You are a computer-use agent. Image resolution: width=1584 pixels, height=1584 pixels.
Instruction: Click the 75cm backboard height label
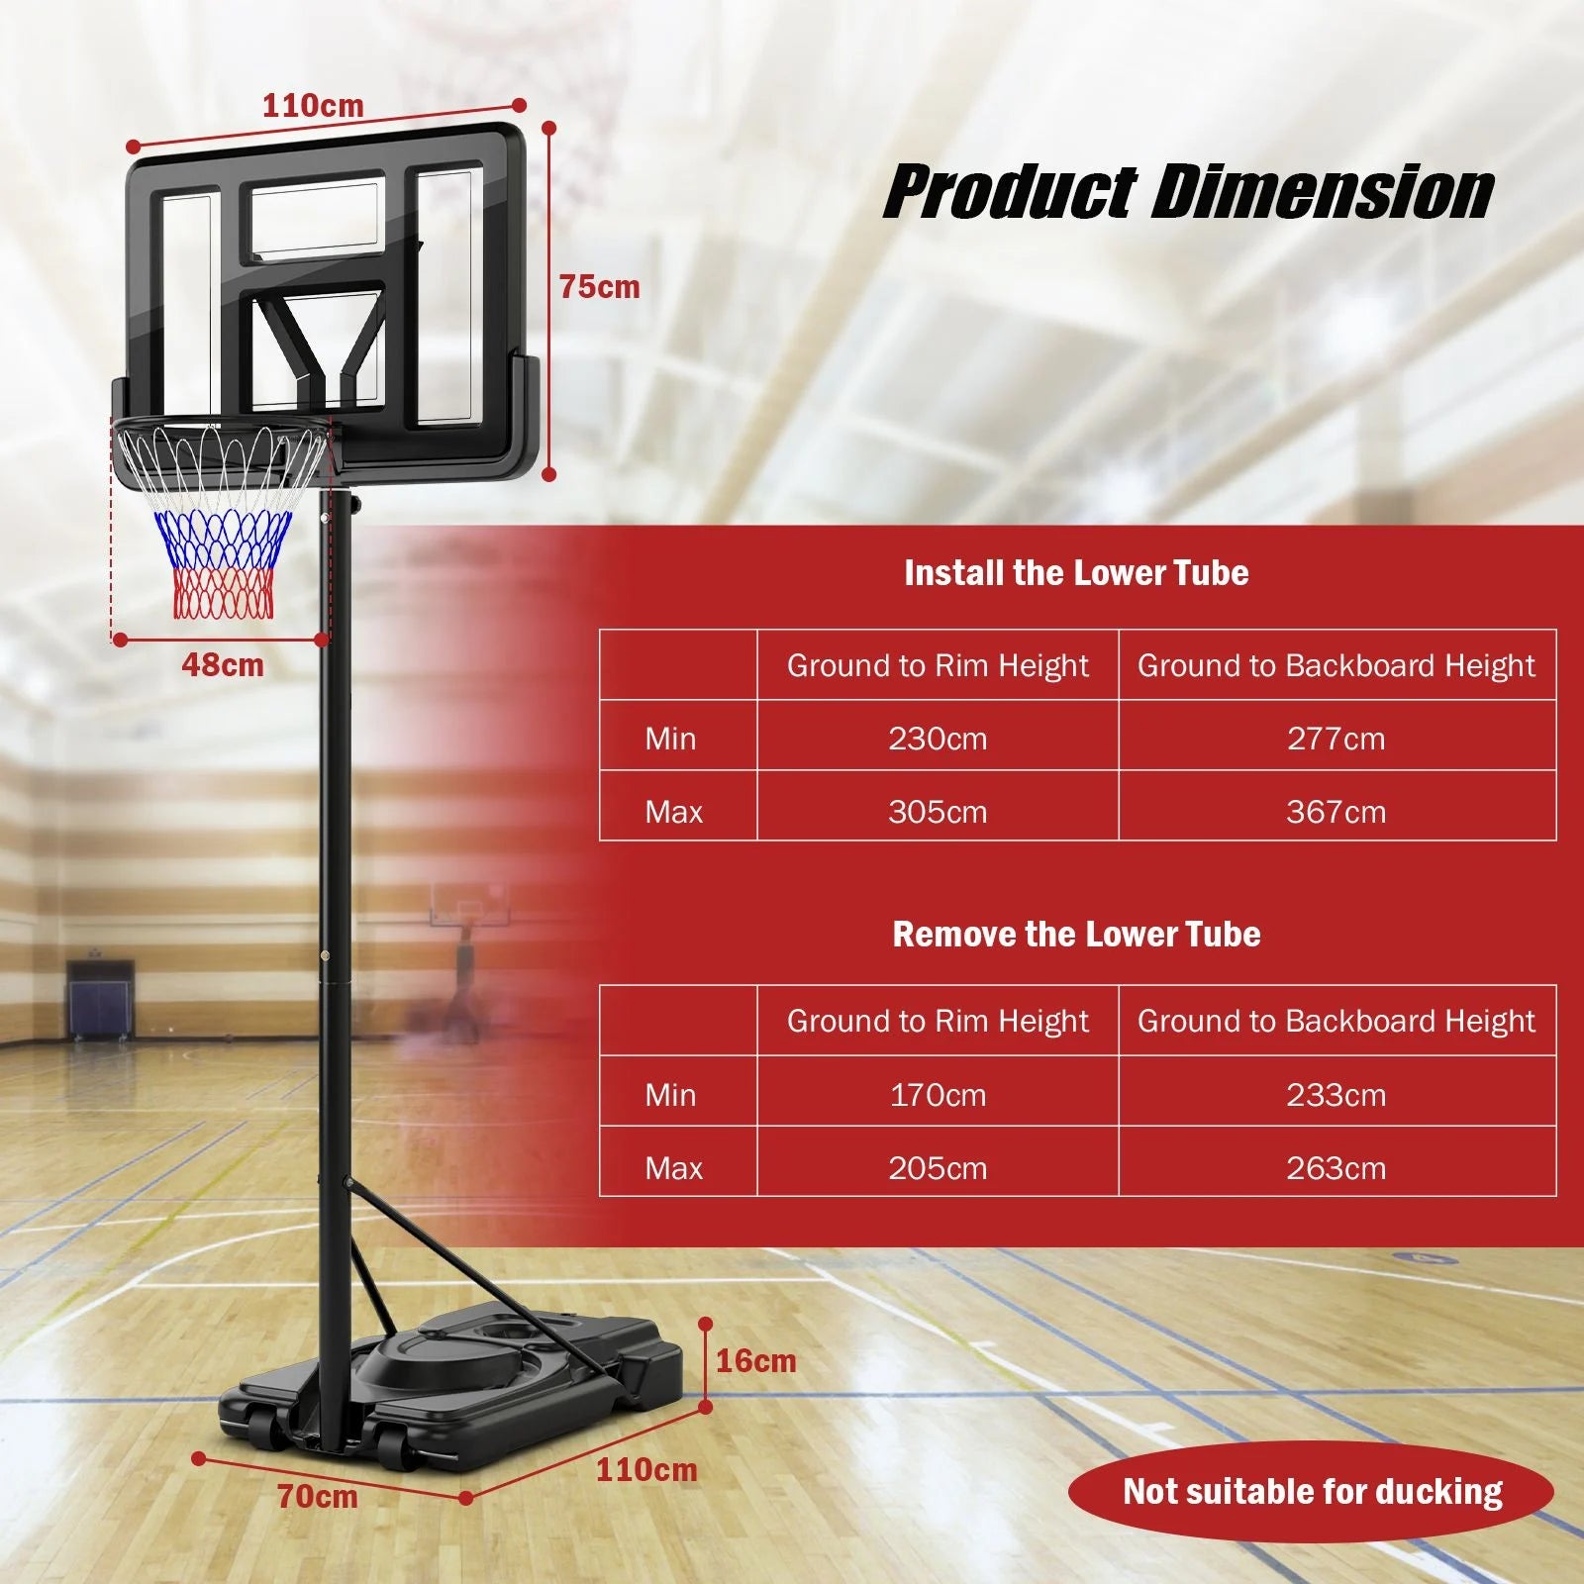(599, 287)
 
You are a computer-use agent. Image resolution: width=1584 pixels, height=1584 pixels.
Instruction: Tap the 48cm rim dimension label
(223, 665)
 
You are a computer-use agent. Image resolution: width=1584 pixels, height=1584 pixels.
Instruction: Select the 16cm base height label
(755, 1361)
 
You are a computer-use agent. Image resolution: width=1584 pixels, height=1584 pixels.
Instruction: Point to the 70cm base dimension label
(317, 1496)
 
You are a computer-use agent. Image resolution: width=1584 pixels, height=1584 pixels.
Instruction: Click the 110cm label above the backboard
(313, 105)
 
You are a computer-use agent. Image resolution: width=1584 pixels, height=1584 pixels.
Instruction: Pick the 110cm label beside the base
(646, 1470)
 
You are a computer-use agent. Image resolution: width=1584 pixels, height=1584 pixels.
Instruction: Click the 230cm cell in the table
(938, 739)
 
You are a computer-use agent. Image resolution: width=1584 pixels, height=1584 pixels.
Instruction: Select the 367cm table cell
(1336, 812)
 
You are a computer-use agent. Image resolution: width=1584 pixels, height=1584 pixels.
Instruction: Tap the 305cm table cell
(938, 812)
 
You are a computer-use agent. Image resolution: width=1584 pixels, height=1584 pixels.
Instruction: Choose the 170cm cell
(938, 1095)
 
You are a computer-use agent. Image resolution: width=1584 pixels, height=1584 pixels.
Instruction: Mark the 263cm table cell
(1336, 1168)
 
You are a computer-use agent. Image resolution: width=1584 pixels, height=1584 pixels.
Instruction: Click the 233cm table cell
(1336, 1095)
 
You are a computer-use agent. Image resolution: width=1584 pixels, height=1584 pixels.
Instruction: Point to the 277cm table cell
(1336, 739)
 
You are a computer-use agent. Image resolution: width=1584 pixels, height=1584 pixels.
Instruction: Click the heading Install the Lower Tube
(1076, 573)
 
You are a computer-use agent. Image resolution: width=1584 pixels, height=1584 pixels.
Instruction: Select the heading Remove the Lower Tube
(1076, 935)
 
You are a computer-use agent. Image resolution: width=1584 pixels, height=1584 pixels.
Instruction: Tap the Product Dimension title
(1188, 192)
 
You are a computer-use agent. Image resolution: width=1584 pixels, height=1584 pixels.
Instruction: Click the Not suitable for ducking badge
(1312, 1492)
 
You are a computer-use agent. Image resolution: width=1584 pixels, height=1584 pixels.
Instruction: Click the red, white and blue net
(223, 554)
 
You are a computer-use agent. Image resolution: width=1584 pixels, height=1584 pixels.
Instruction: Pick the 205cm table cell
(938, 1168)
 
